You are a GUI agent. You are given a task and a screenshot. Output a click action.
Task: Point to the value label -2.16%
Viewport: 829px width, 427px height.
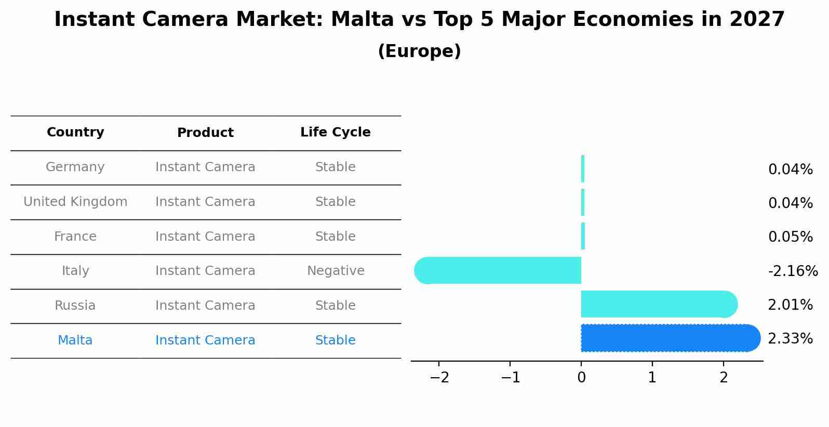click(793, 271)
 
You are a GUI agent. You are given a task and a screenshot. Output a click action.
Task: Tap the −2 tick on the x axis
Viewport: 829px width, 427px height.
click(439, 378)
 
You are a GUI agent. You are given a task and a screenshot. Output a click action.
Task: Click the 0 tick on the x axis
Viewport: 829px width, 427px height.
click(581, 378)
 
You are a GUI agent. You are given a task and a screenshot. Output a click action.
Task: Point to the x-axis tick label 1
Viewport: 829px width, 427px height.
click(652, 378)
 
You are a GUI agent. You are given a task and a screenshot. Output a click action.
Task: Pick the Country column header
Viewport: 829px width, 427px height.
click(75, 132)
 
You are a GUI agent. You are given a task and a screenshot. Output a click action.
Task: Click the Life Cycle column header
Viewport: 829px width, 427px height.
click(335, 132)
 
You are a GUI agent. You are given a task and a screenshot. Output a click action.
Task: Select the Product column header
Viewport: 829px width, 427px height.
click(205, 133)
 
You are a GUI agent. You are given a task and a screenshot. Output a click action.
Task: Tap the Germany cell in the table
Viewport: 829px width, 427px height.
click(75, 167)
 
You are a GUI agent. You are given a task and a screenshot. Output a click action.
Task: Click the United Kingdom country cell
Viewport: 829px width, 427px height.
click(75, 202)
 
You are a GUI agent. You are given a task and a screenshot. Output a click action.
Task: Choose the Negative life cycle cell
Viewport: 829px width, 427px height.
click(336, 271)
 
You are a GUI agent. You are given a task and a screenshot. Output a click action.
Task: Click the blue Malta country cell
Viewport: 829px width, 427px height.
click(75, 340)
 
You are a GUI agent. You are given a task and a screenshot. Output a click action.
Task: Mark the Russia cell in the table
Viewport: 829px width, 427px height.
click(75, 306)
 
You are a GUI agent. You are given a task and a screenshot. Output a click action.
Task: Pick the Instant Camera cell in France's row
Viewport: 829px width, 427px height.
click(205, 237)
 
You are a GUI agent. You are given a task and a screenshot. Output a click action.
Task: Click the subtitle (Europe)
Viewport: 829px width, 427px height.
click(419, 51)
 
